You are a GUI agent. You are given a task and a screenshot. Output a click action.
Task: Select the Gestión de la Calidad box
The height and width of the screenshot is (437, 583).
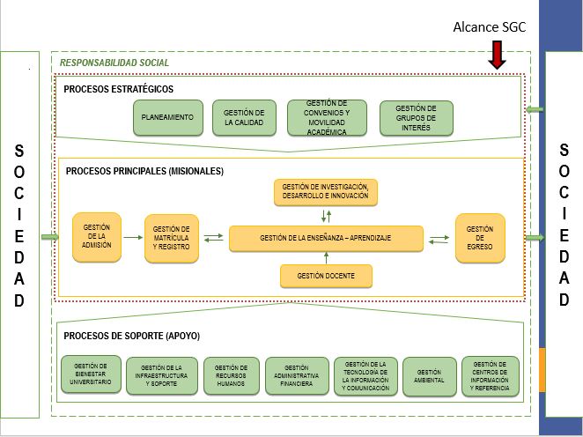[x=244, y=118]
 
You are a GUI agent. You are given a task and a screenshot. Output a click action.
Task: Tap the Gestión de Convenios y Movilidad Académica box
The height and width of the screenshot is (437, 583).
[x=327, y=118]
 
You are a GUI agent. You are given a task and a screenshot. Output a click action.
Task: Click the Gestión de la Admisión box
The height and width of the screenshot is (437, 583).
[x=96, y=237]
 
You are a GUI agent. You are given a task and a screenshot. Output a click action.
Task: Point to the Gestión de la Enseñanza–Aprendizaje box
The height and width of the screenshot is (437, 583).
[x=326, y=238]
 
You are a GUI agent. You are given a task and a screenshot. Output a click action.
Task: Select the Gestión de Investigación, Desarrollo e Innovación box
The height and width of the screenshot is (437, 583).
[x=325, y=192]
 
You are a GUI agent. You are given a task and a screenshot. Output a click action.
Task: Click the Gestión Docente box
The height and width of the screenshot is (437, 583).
[x=326, y=276]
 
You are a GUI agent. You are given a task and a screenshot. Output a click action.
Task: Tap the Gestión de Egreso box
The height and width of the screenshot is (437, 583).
[x=480, y=238]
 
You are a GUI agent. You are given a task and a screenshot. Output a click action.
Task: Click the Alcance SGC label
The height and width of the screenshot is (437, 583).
[x=489, y=27]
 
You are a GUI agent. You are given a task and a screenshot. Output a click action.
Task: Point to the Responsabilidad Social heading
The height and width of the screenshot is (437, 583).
[x=114, y=63]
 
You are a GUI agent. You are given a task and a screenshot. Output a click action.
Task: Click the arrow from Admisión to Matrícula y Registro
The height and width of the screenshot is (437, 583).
[x=134, y=237]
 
